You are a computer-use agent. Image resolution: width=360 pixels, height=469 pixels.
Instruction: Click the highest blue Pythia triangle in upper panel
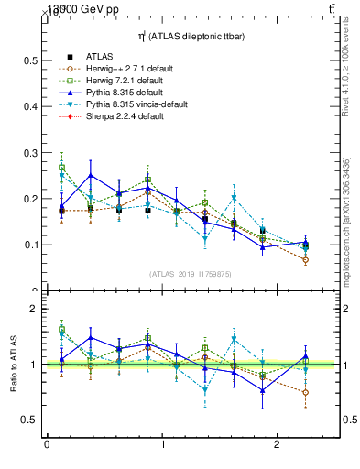[x=90, y=175]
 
